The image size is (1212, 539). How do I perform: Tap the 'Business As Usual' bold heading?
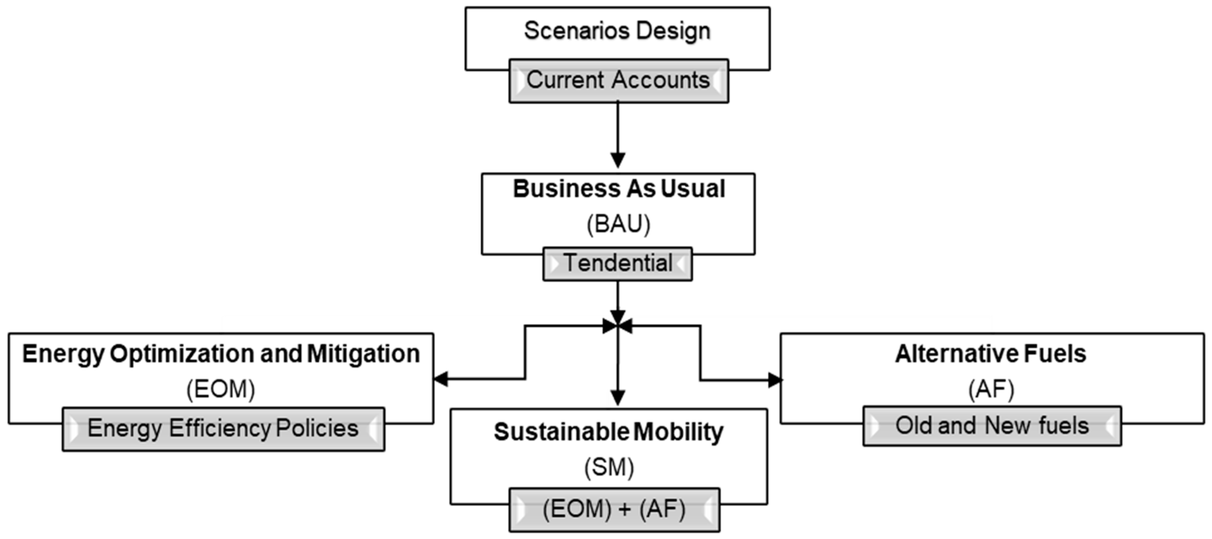point(619,189)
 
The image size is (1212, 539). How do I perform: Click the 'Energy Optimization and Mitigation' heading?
point(221,354)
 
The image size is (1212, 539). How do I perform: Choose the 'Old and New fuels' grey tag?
point(992,426)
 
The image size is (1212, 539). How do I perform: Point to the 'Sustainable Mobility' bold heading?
point(608,432)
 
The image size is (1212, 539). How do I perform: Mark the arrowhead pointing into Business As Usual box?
point(617,160)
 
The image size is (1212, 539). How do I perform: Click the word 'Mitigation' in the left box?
point(363,354)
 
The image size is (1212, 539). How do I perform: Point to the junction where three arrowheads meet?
point(617,325)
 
